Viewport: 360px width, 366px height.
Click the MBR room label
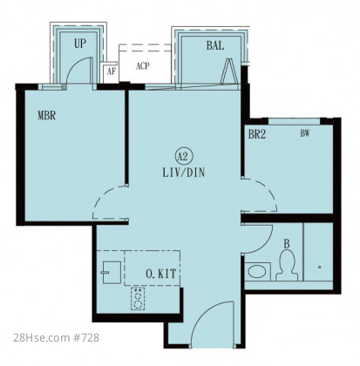[46, 115]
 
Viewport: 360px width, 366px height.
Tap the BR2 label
[257, 134]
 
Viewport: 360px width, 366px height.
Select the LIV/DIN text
[184, 173]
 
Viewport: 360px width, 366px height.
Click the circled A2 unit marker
[184, 157]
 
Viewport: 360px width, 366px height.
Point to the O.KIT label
[161, 274]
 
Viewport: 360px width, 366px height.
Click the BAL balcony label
[215, 45]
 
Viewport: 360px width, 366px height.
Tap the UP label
[80, 44]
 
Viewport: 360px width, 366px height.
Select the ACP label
[143, 66]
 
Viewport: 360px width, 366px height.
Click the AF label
[111, 71]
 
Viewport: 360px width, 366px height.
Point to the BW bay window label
[305, 133]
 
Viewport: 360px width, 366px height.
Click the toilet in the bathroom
[287, 266]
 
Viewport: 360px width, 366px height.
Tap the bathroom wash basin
[257, 272]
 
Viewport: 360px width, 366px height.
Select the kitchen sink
[111, 273]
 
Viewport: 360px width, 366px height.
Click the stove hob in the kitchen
[138, 298]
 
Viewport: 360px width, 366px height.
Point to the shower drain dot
[319, 267]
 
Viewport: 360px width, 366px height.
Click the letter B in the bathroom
[287, 244]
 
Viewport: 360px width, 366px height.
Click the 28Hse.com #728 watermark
[57, 337]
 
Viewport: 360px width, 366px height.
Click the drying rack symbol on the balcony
[229, 71]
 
